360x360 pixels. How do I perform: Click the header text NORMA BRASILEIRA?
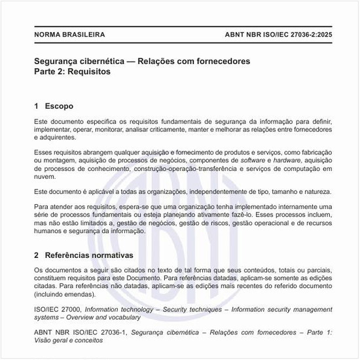[x=69, y=35]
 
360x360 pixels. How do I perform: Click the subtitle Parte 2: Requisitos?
[x=72, y=72]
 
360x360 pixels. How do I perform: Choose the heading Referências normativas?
[x=88, y=254]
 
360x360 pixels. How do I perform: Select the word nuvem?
[x=45, y=177]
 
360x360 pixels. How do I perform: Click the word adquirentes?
[x=57, y=138]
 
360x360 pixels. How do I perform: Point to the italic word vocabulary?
[x=123, y=317]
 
